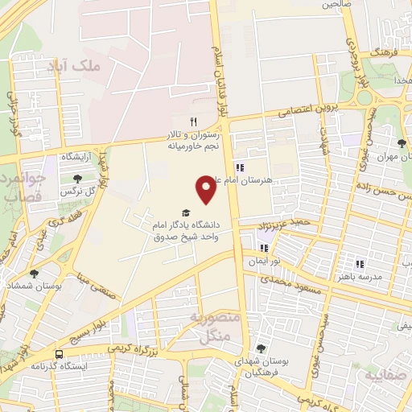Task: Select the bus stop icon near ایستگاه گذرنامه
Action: click(60, 354)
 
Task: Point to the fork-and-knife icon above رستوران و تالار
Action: click(192, 122)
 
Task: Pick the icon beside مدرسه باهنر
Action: click(360, 263)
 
